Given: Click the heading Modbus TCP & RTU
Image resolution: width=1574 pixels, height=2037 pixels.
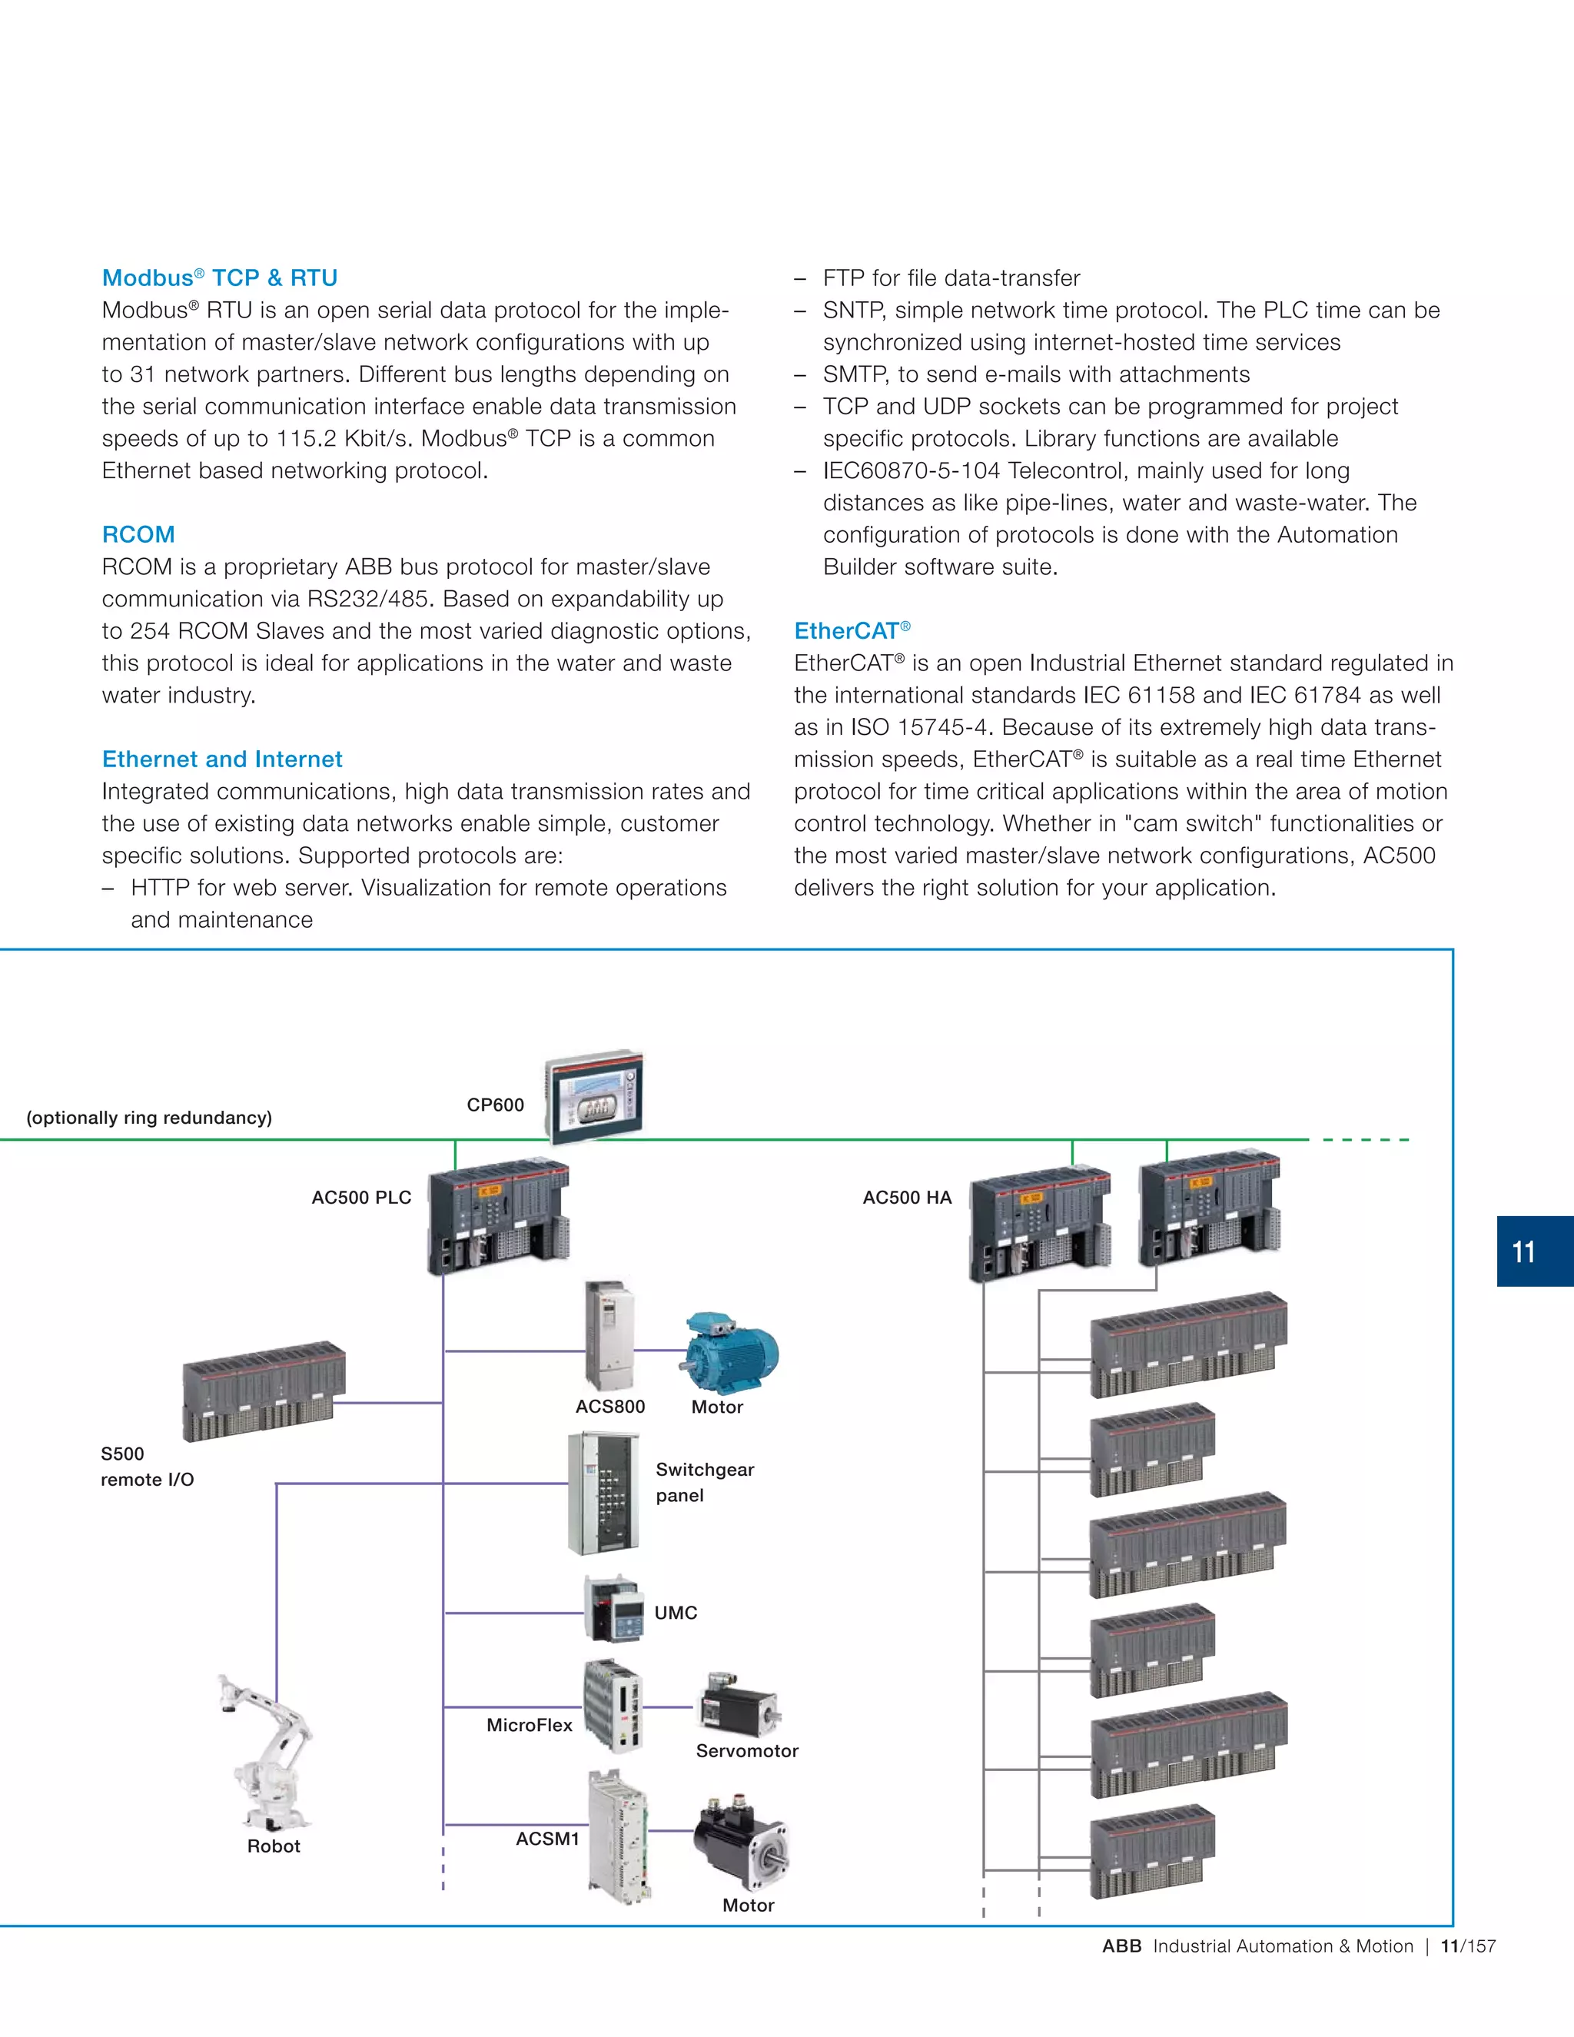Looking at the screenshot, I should click(219, 278).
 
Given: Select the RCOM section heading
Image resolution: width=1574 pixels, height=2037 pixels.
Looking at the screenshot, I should click(138, 534).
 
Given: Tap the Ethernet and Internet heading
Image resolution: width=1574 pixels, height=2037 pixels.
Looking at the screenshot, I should click(222, 759).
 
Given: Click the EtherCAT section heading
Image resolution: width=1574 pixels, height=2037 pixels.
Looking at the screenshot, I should click(852, 631).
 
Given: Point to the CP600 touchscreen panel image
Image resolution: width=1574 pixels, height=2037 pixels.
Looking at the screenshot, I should click(596, 1097).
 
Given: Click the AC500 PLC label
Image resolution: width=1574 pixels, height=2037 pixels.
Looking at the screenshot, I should click(361, 1198).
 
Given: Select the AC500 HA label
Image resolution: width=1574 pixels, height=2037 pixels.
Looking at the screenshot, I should click(906, 1198).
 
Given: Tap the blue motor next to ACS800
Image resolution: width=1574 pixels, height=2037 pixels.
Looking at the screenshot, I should click(732, 1354).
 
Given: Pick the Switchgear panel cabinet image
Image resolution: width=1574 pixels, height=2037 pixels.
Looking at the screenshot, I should click(604, 1494).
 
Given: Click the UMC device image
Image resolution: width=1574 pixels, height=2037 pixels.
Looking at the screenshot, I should click(613, 1610).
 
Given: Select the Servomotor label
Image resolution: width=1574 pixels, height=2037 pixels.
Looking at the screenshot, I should click(747, 1752).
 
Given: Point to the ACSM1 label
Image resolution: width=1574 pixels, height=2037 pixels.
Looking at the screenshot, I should click(547, 1839).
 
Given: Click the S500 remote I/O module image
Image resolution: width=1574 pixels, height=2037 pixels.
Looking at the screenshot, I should click(263, 1391).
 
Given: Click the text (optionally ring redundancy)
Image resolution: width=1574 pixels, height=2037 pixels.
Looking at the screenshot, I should click(149, 1118).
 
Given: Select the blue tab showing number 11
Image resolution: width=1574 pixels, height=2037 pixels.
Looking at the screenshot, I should click(1534, 1251).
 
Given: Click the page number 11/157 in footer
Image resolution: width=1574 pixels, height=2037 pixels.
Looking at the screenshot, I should click(1468, 1946).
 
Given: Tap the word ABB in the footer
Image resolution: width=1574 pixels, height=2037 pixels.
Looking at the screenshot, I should click(1122, 1946).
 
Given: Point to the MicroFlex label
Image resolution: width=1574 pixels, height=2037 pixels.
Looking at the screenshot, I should click(529, 1726).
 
